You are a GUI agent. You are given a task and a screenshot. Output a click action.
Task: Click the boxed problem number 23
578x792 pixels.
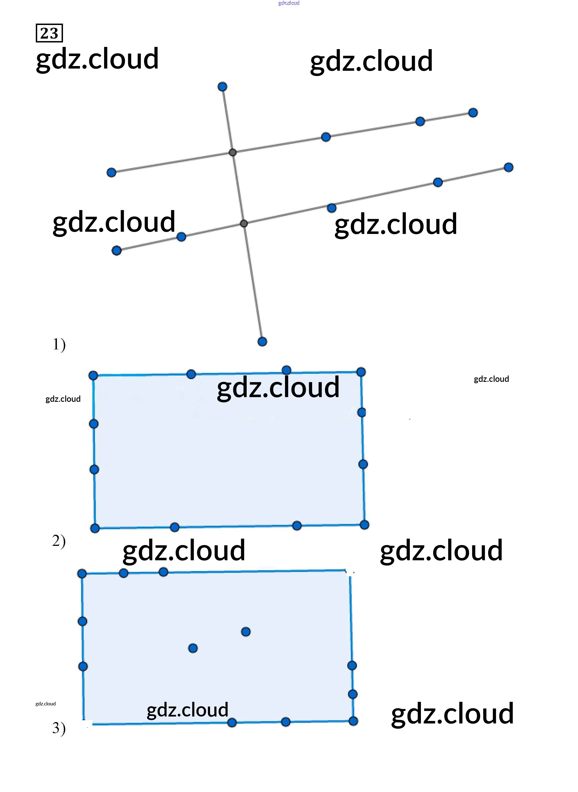(49, 33)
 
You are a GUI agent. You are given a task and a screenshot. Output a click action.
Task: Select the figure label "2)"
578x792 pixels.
(59, 541)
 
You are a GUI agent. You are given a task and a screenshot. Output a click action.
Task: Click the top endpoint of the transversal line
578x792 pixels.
(222, 86)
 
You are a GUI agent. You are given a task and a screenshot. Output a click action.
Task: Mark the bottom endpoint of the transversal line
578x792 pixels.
(262, 341)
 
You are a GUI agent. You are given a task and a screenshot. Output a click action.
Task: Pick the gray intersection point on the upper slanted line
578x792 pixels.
(233, 152)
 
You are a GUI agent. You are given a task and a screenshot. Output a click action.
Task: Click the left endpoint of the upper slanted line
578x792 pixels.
(111, 172)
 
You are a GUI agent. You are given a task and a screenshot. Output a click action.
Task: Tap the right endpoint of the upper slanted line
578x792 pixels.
(473, 113)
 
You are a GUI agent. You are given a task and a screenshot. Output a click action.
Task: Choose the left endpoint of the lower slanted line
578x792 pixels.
(117, 251)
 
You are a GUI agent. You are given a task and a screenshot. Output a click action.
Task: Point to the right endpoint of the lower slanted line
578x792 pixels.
(509, 167)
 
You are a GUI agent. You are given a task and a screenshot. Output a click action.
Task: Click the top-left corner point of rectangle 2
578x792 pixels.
(93, 376)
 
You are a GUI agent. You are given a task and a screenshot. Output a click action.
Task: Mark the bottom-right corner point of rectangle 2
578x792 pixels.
(364, 525)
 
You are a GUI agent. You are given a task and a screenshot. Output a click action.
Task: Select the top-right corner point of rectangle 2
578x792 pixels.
(361, 372)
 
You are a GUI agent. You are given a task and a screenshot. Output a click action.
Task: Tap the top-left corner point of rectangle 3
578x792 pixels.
(82, 574)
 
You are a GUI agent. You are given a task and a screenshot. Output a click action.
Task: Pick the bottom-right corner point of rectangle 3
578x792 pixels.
(354, 721)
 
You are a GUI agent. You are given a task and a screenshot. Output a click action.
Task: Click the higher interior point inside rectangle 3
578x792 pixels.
(246, 632)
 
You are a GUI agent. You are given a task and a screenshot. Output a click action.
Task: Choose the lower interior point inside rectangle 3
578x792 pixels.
(193, 648)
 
